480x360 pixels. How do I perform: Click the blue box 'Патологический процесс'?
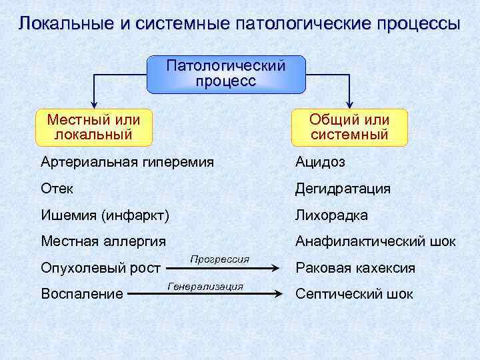point(226,74)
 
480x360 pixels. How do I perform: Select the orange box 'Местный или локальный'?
point(94,127)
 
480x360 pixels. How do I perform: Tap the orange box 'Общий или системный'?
point(349,127)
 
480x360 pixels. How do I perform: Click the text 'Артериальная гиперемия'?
point(127,162)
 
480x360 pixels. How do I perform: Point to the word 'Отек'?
point(57,189)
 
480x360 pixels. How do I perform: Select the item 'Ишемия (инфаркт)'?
point(105,215)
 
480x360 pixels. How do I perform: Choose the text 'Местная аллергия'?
point(103,241)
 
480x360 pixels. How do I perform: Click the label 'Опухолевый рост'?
point(101,268)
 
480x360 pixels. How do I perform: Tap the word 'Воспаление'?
point(82,293)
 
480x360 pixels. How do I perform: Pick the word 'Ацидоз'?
point(321,162)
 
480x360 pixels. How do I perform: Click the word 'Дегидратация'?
point(343,189)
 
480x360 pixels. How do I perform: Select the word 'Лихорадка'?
point(332,215)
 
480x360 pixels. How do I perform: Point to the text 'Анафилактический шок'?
point(376,241)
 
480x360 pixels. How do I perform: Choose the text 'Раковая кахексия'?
point(355,268)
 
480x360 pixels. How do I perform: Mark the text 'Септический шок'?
point(355,293)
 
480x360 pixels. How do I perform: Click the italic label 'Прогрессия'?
point(219,258)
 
